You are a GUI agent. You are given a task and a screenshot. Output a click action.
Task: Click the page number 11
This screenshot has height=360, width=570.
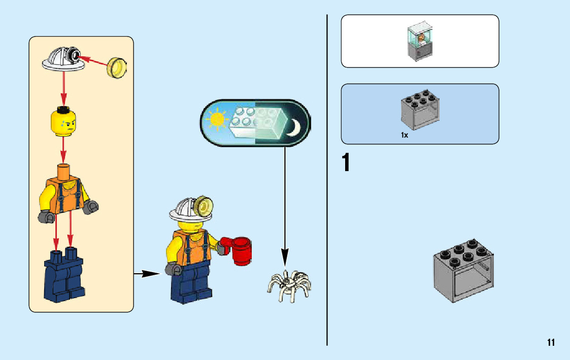pos(551,343)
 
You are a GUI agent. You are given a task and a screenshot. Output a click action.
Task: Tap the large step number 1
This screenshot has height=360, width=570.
pos(346,163)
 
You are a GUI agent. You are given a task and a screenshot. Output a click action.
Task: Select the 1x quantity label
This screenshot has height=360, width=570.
pos(404,136)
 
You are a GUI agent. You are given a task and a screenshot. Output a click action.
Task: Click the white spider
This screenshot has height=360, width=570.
pos(288,284)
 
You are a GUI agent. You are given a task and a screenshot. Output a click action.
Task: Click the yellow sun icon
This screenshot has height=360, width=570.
pos(217,119)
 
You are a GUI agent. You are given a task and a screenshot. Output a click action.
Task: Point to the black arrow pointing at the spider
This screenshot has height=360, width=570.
pos(285,203)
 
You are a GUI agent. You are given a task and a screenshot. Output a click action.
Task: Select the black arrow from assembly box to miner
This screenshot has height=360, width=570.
pos(147,274)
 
